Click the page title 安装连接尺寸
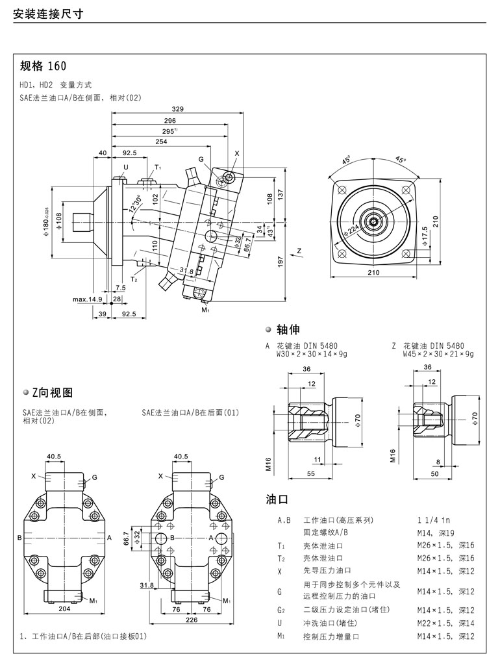[x=49, y=13]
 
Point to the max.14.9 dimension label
[x=88, y=299]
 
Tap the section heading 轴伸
[x=287, y=329]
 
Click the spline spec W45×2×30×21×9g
[x=438, y=354]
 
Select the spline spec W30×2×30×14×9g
[x=311, y=354]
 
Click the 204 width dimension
[x=64, y=609]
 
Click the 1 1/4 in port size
[x=433, y=520]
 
